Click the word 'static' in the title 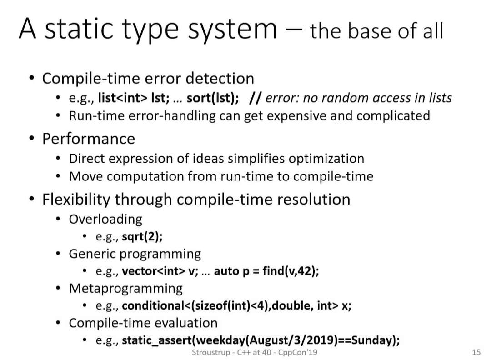click(79, 29)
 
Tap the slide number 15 click(476, 352)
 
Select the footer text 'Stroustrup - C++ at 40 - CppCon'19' click(254, 352)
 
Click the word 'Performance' click(89, 139)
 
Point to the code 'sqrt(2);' click(142, 237)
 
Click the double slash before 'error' click(255, 98)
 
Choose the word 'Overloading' click(105, 220)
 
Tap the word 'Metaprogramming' click(126, 289)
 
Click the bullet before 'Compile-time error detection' click(31, 78)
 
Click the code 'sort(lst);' click(213, 98)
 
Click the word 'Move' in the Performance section click(86, 176)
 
